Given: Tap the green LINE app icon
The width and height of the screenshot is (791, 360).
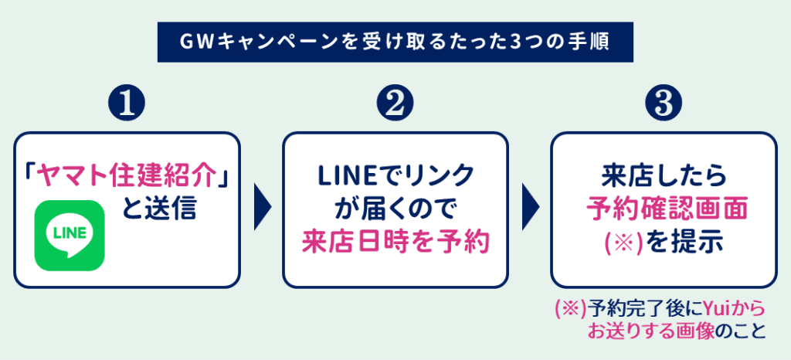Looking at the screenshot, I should tap(70, 235).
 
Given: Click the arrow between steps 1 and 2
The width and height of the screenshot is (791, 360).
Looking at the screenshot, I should tap(263, 209).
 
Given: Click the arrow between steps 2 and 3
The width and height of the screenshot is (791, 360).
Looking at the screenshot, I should tap(531, 209).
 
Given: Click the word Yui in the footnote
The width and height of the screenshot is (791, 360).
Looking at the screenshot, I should tap(716, 309).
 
